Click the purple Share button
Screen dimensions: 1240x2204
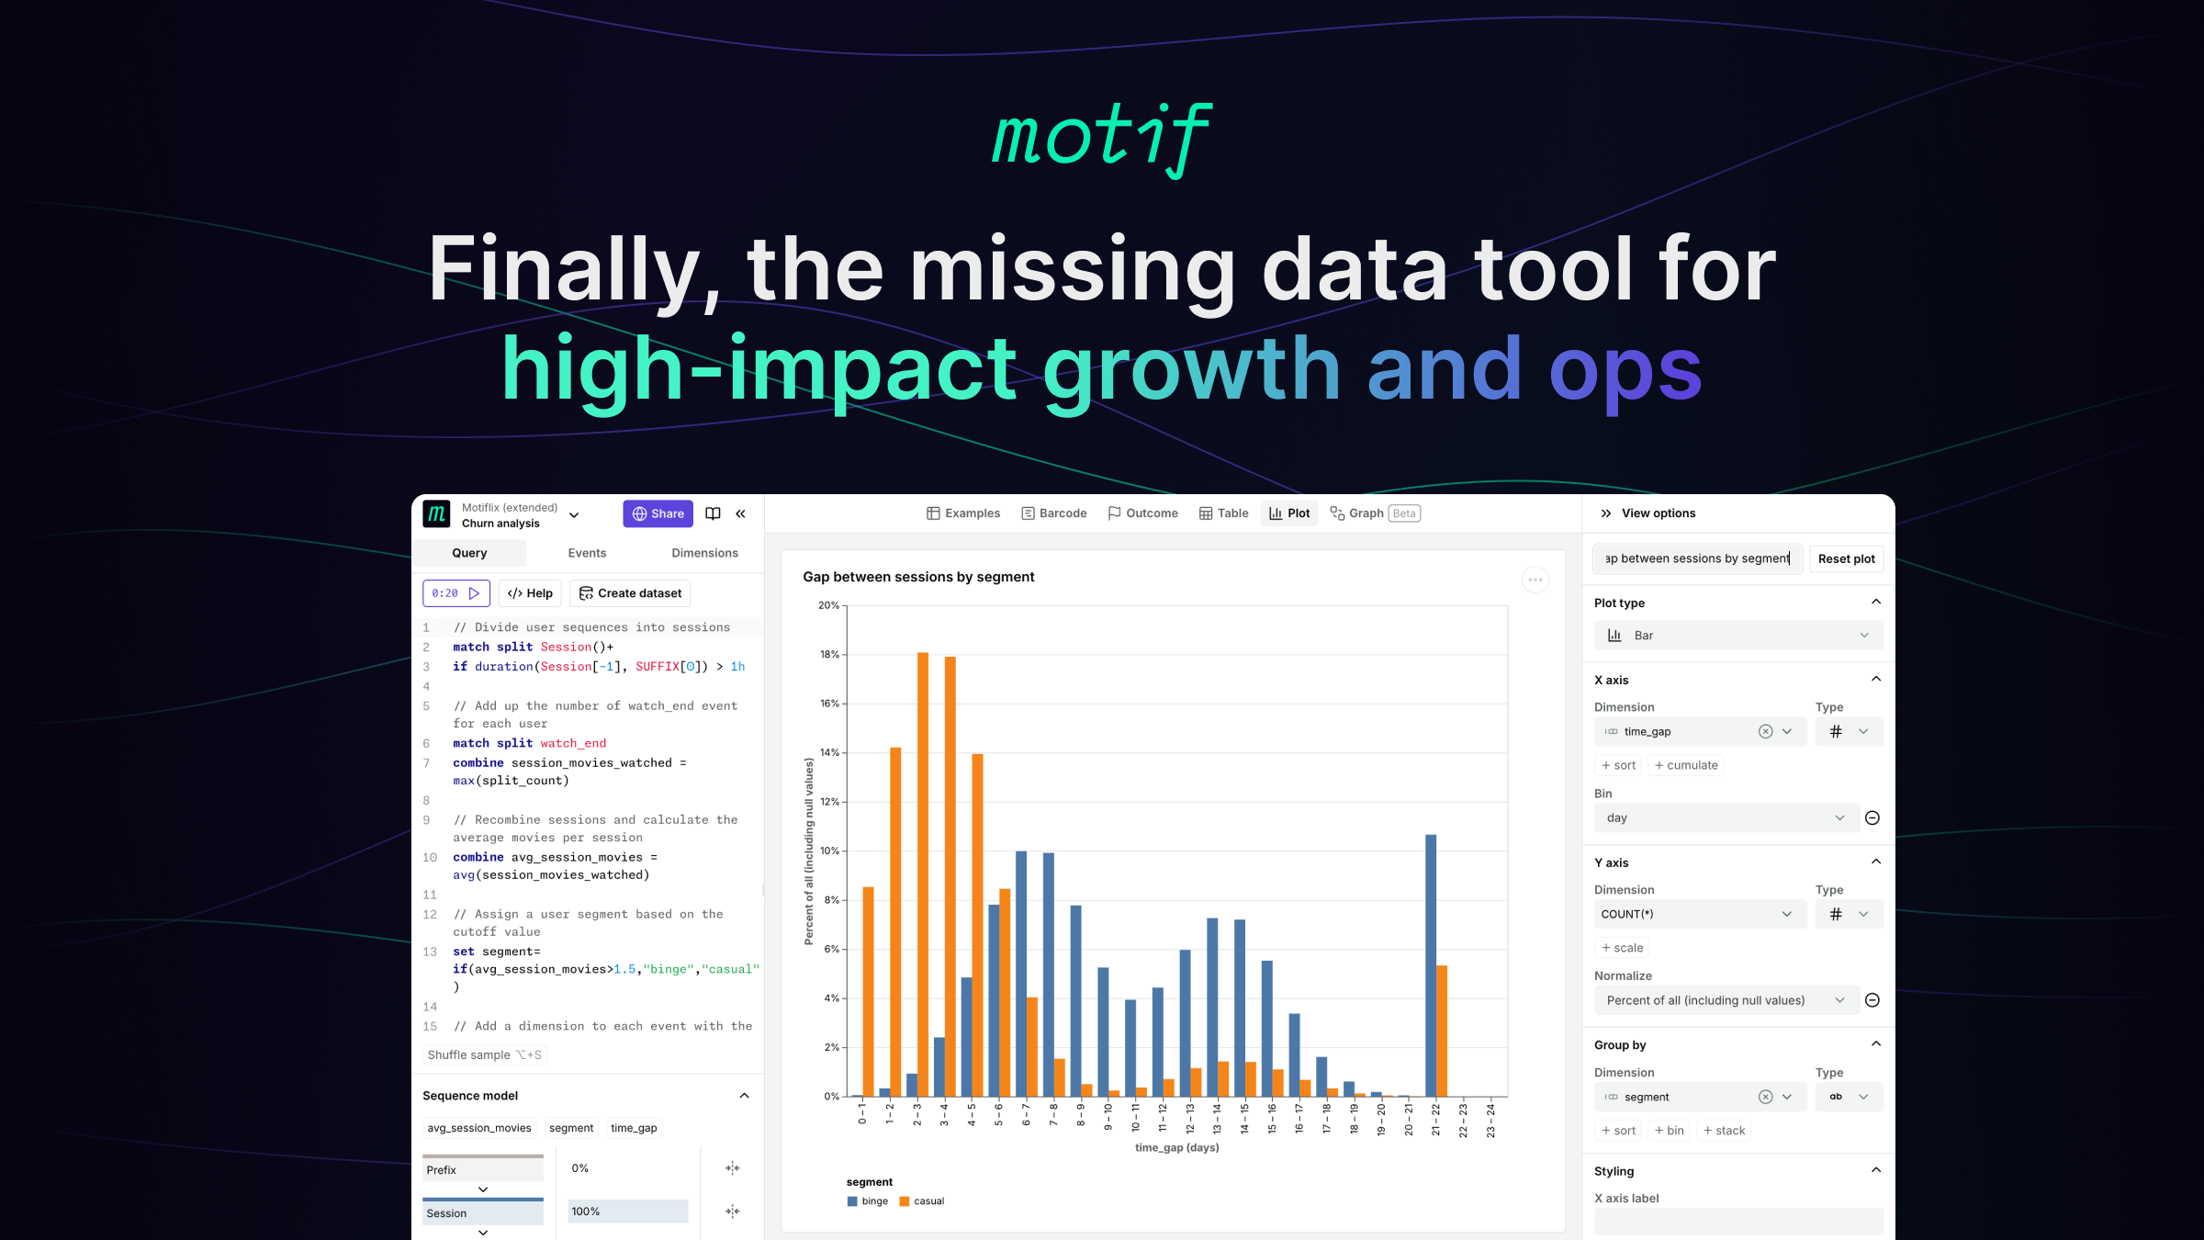[x=658, y=513]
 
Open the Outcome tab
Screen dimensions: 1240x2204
[x=1142, y=513]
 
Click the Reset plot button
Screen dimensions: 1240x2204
[x=1846, y=558]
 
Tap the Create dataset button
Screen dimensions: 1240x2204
[x=630, y=593]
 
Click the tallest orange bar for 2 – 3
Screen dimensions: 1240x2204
[x=922, y=873]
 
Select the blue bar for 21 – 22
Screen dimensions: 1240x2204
[x=1431, y=964]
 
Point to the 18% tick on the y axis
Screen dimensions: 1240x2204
[x=829, y=655]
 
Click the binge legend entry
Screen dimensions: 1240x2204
[x=868, y=1201]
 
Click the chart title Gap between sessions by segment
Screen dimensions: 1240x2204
[x=918, y=577]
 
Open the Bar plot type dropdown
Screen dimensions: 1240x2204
[x=1738, y=636]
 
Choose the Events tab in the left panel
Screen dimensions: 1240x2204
[x=587, y=553]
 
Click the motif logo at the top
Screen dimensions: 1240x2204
[x=1102, y=138]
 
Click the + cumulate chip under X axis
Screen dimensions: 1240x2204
[x=1686, y=765]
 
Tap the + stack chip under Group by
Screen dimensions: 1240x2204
[x=1724, y=1131]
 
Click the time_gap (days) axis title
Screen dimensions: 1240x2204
[x=1176, y=1147]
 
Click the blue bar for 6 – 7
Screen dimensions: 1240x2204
[x=1021, y=974]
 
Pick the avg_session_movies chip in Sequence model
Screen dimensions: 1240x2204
[x=479, y=1128]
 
